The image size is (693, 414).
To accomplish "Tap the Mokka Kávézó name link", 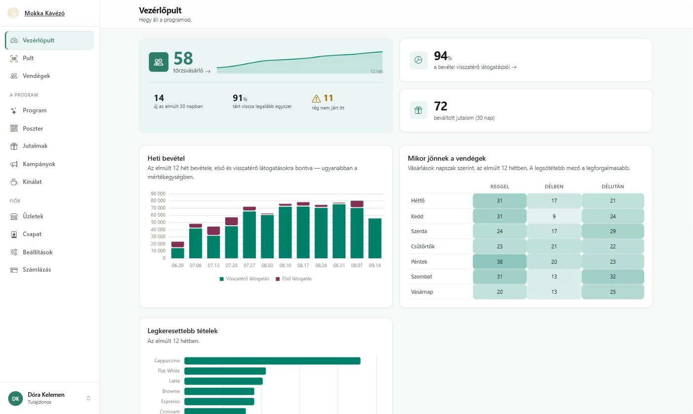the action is pos(44,13).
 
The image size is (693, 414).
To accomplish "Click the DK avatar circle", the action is pos(15,398).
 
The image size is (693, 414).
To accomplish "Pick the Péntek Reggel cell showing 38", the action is pos(499,261).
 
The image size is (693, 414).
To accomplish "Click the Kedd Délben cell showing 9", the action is pos(554,216).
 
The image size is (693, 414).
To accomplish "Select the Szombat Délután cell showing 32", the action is pos(613,276).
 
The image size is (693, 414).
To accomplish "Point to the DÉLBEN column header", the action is pos(554,187).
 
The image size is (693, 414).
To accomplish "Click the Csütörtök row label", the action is pos(422,246).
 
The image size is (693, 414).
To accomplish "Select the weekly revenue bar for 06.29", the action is pos(177,250).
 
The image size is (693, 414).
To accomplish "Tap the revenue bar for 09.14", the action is pos(375,238).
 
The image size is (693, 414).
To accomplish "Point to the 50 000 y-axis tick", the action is pos(158,222).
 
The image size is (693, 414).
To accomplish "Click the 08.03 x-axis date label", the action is pos(267,266).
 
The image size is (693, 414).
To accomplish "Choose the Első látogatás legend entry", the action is pos(294,279).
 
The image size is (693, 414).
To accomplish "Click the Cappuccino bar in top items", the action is pos(272,361).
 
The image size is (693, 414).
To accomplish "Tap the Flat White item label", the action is pos(169,371).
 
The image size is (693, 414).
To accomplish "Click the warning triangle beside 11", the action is pos(316,99).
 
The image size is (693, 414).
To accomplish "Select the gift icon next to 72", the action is pos(418,110).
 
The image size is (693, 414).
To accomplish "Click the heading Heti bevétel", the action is pos(166,158).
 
